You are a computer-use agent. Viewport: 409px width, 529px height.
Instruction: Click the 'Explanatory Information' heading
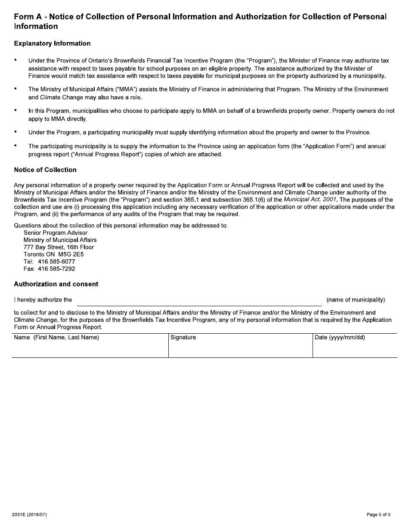[52, 43]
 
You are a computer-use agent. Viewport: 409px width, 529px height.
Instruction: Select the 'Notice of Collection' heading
[45, 170]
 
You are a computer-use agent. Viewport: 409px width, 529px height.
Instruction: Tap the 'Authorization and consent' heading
[56, 284]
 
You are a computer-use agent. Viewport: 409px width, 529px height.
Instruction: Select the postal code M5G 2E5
[71, 254]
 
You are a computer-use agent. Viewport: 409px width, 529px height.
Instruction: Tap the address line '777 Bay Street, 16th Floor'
[59, 247]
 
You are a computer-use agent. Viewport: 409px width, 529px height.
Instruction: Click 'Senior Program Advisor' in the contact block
[56, 233]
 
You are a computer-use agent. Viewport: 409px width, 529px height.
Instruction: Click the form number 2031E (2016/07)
[30, 515]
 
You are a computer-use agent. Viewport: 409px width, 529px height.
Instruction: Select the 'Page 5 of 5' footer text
[378, 515]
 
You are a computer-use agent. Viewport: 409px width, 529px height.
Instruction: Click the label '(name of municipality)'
[356, 300]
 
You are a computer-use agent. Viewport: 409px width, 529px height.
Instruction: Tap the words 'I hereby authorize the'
[43, 300]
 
